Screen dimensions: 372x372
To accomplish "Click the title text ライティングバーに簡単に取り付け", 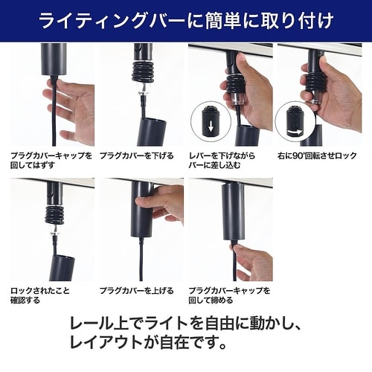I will click(186, 20).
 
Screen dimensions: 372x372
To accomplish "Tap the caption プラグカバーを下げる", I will click(136, 155).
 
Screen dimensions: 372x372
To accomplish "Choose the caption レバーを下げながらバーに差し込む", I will click(226, 161).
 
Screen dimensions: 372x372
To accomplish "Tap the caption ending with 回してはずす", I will click(51, 161).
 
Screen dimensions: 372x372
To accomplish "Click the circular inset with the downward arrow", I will click(208, 120).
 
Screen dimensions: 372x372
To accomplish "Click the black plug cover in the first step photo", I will click(54, 67).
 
